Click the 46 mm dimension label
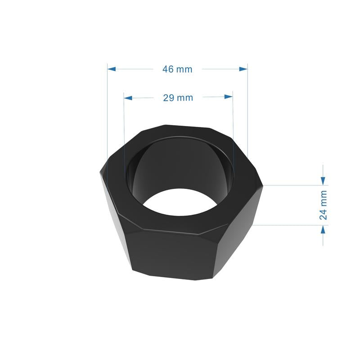coord(177,69)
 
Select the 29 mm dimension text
coord(178,98)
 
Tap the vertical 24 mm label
coord(323,205)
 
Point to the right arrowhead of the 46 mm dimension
coord(243,69)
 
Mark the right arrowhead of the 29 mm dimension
coord(229,97)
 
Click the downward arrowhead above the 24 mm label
coord(323,180)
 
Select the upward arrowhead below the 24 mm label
coord(323,229)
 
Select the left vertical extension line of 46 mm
coord(108,112)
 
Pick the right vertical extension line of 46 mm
coord(247,112)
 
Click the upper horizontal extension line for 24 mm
coord(292,185)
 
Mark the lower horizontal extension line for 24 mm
coord(288,225)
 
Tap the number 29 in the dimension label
coord(169,98)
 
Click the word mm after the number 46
coord(184,69)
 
